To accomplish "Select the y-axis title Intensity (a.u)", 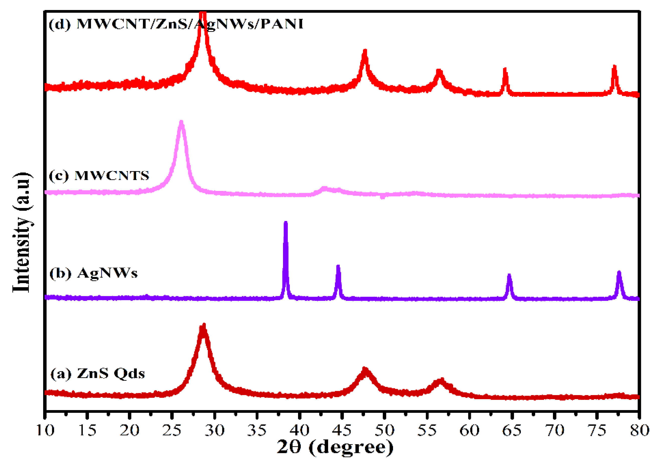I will coord(22,232).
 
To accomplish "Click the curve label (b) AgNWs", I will coord(93,273).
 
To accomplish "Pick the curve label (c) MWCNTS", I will coord(99,175).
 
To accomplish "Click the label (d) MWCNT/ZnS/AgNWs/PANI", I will coord(176,24).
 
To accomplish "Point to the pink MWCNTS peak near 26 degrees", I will coord(181,123).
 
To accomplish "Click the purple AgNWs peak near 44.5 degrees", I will coord(338,267).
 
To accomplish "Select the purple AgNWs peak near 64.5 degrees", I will coord(509,276).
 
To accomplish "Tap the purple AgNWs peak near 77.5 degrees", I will coord(619,273).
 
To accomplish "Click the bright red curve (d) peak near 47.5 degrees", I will coord(365,52).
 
